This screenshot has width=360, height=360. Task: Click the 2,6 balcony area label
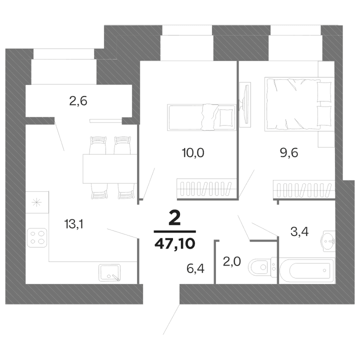[78, 102]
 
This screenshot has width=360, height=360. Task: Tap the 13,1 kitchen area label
[73, 224]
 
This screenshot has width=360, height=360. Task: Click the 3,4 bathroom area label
[299, 231]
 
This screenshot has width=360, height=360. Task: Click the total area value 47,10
[174, 243]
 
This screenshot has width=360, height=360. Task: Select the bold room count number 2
[174, 218]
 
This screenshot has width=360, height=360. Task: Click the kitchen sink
[110, 272]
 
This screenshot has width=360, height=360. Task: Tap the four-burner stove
[37, 236]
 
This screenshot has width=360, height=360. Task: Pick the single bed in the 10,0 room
[201, 117]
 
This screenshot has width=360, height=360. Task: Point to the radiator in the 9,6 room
[303, 190]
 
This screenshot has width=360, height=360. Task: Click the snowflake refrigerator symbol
[36, 202]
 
